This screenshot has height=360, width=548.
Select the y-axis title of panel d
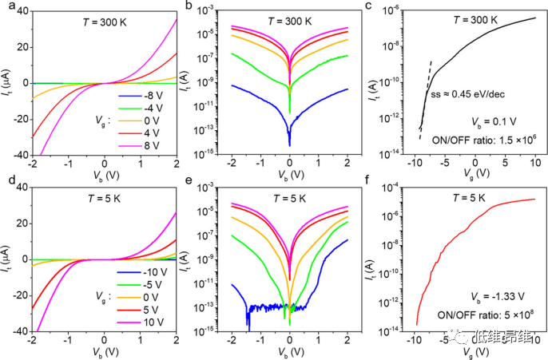(7, 260)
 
